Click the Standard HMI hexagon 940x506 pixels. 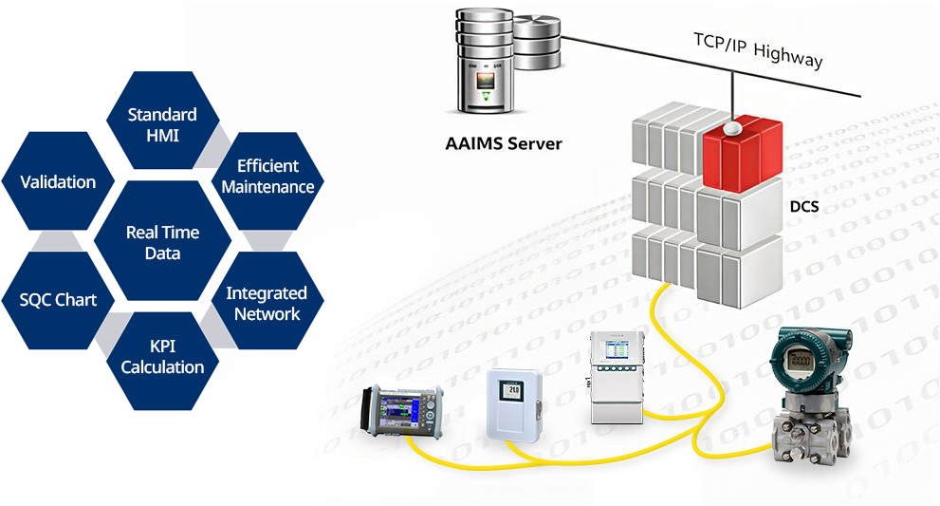click(162, 124)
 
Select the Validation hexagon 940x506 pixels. click(58, 182)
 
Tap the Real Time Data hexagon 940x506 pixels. click(162, 242)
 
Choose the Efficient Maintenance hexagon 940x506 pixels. click(267, 177)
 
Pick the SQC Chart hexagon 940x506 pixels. click(58, 300)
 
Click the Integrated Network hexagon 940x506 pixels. click(267, 303)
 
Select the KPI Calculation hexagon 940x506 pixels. click(162, 356)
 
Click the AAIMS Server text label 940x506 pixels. click(504, 144)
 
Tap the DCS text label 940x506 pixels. click(805, 205)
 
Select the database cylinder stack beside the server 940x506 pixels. click(537, 42)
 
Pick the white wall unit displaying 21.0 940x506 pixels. click(512, 403)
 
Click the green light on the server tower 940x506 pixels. click(487, 95)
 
